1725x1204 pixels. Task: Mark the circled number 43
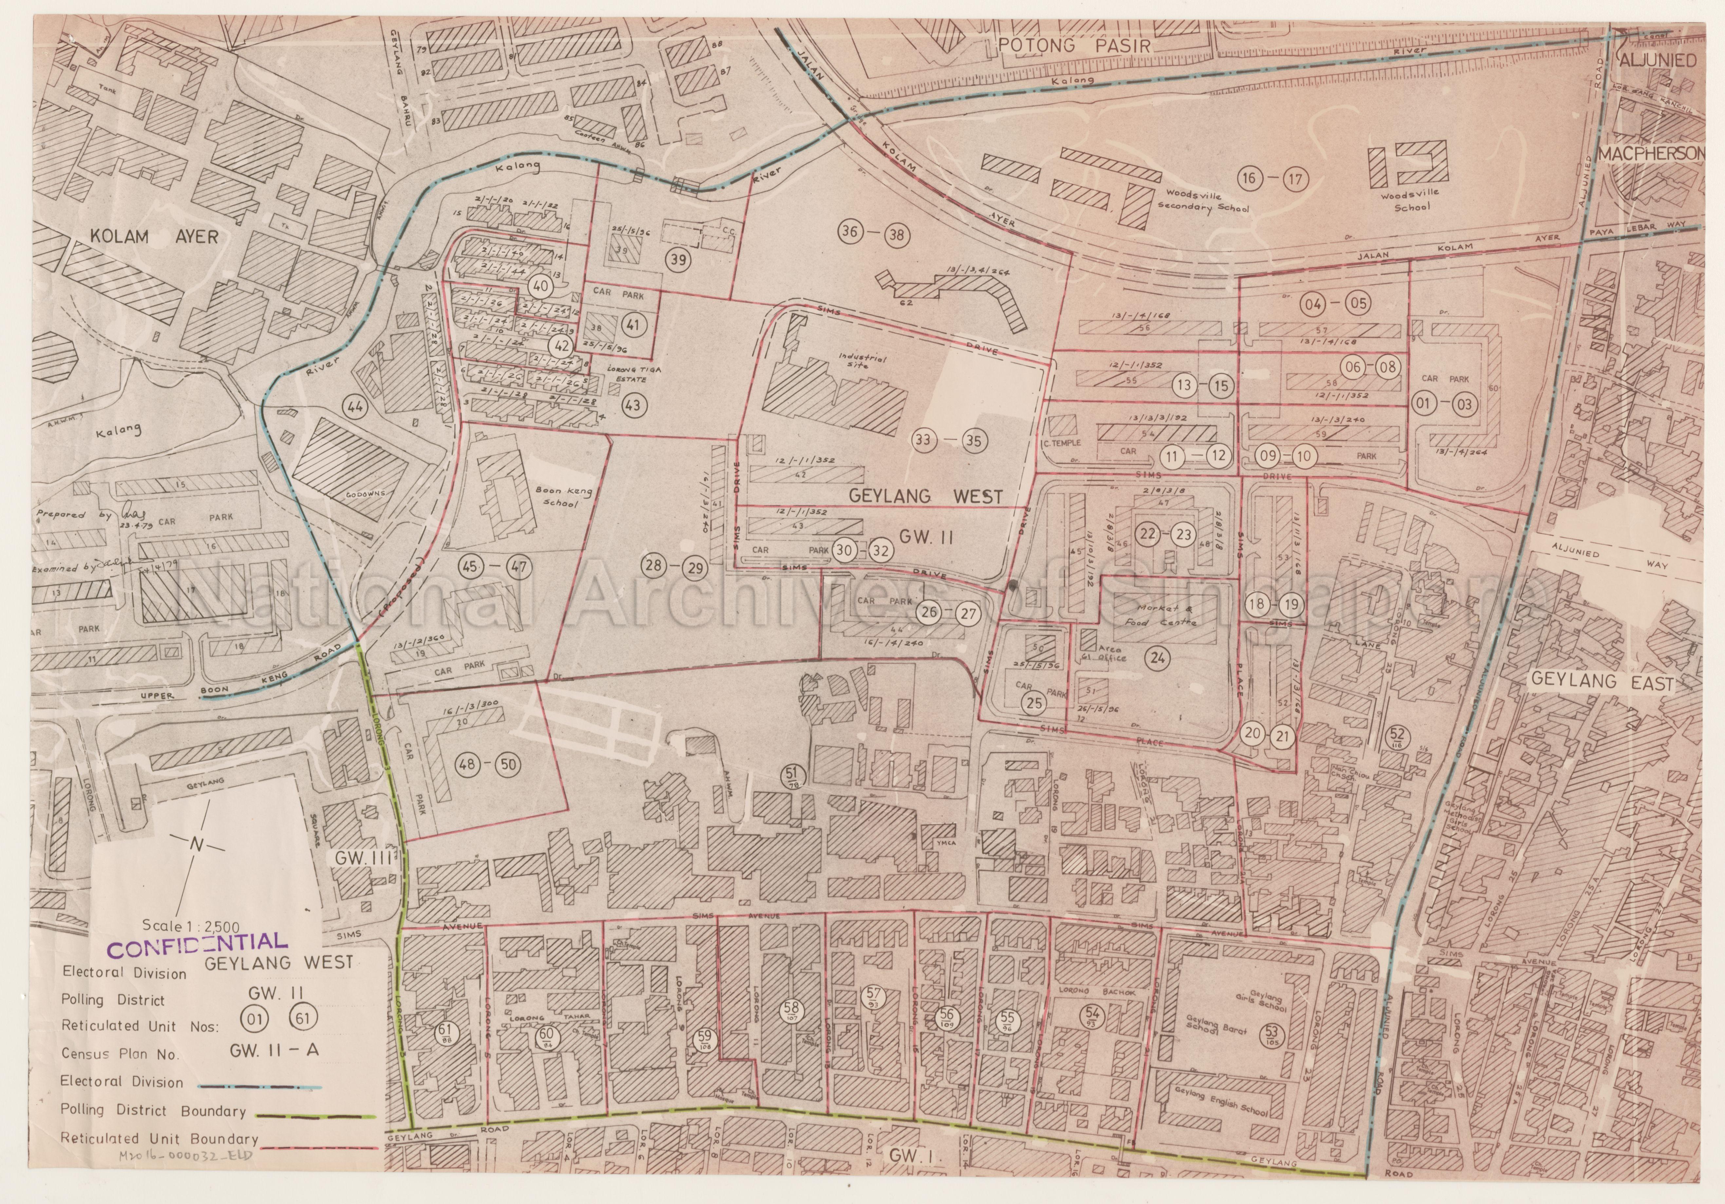[x=633, y=405]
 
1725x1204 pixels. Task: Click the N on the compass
[x=197, y=844]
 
